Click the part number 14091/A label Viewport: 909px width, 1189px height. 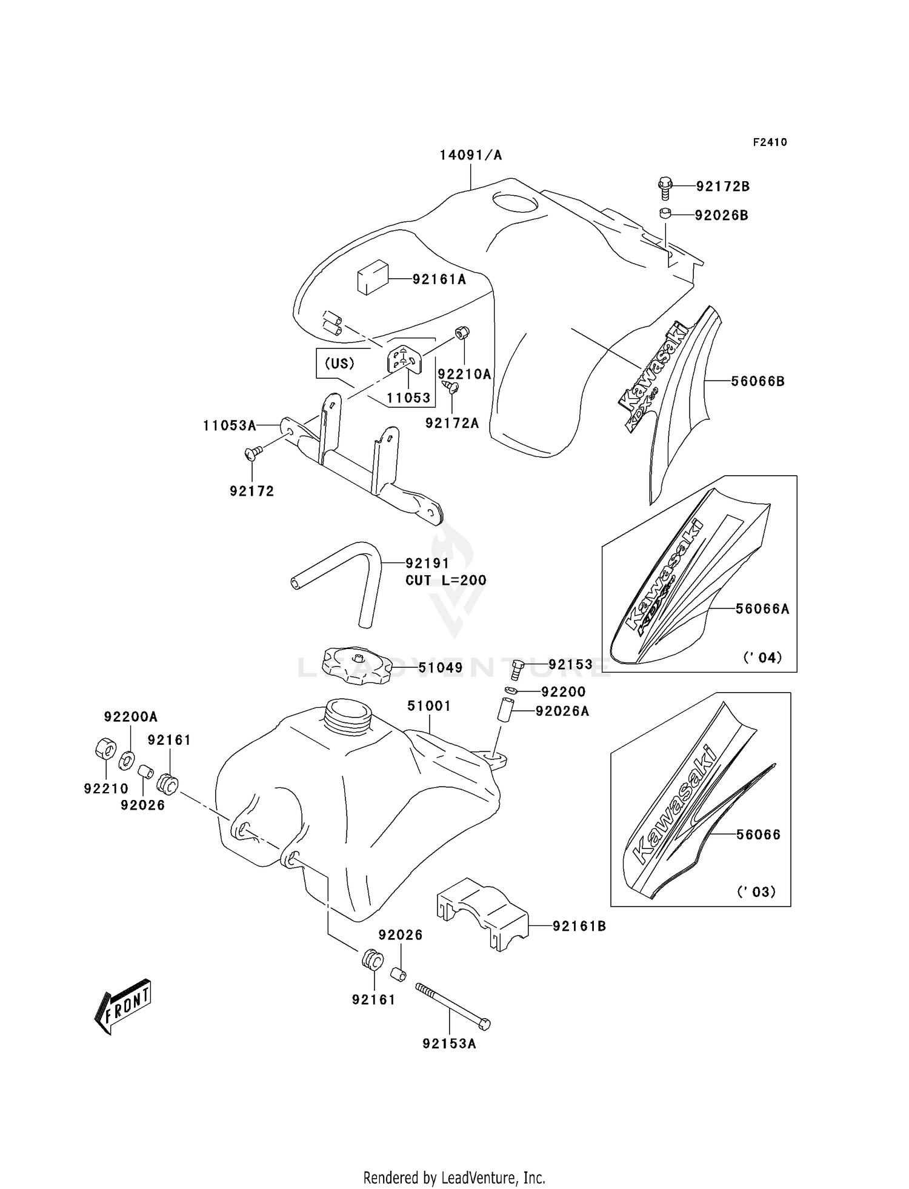click(470, 155)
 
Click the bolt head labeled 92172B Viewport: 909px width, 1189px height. click(665, 184)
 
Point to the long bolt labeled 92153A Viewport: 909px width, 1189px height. click(452, 1005)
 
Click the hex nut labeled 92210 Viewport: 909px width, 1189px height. click(105, 749)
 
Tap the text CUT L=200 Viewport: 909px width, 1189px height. click(445, 580)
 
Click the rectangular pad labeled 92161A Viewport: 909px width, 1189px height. click(371, 278)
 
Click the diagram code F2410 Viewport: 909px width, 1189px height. click(770, 142)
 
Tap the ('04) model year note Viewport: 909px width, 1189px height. click(762, 657)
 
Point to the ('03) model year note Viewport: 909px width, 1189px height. click(756, 891)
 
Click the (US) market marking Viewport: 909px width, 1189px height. click(339, 364)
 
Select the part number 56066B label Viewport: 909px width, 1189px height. click(757, 381)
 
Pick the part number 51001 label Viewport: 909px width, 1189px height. click(428, 706)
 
